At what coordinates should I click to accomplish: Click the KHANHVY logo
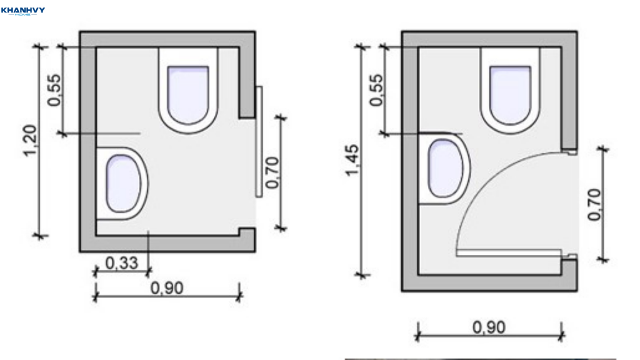pos(23,11)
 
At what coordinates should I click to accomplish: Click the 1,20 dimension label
pos(31,141)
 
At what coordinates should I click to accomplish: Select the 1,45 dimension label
pos(352,161)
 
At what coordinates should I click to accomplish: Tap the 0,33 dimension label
pos(122,263)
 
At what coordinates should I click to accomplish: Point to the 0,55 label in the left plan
pos(54,90)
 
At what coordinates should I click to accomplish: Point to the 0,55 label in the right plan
pos(376,90)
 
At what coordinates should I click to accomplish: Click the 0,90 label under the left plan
pos(167,288)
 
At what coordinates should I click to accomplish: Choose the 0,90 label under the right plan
pos(489,327)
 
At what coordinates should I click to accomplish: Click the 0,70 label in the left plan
pos(272,172)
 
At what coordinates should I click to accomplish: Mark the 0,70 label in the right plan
pos(594,204)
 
